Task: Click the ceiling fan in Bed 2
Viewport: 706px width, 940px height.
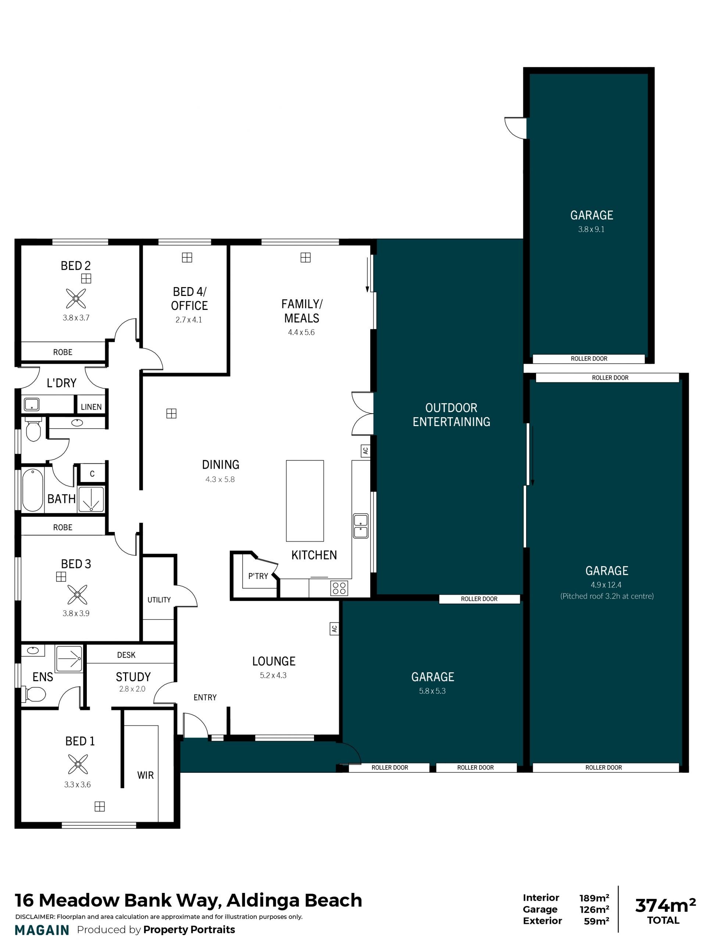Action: pyautogui.click(x=76, y=298)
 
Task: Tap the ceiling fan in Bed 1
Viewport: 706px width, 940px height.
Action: pyautogui.click(x=78, y=764)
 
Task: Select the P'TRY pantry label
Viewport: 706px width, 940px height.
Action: pyautogui.click(x=258, y=576)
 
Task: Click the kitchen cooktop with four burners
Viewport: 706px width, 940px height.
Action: pyautogui.click(x=339, y=588)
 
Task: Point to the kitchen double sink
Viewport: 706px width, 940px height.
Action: pyautogui.click(x=360, y=526)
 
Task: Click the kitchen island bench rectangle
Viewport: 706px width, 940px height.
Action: pyautogui.click(x=305, y=501)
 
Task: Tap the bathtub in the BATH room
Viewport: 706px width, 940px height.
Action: pyautogui.click(x=33, y=490)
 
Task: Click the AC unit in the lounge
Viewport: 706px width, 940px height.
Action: pyautogui.click(x=335, y=629)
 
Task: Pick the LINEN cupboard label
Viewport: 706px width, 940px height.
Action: pyautogui.click(x=91, y=407)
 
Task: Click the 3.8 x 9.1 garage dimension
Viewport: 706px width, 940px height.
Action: pyautogui.click(x=591, y=229)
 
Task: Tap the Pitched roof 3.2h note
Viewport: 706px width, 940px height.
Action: pyautogui.click(x=607, y=596)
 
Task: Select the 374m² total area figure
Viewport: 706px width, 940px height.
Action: pyautogui.click(x=665, y=905)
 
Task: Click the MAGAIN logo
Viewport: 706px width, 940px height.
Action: pyautogui.click(x=42, y=930)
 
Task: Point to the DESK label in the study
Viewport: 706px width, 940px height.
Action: pyautogui.click(x=126, y=655)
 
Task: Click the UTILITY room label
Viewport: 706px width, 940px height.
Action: pyautogui.click(x=159, y=600)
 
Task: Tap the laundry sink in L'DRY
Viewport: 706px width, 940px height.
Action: pyautogui.click(x=32, y=404)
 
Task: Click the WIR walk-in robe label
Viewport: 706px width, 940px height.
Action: pyautogui.click(x=145, y=775)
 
